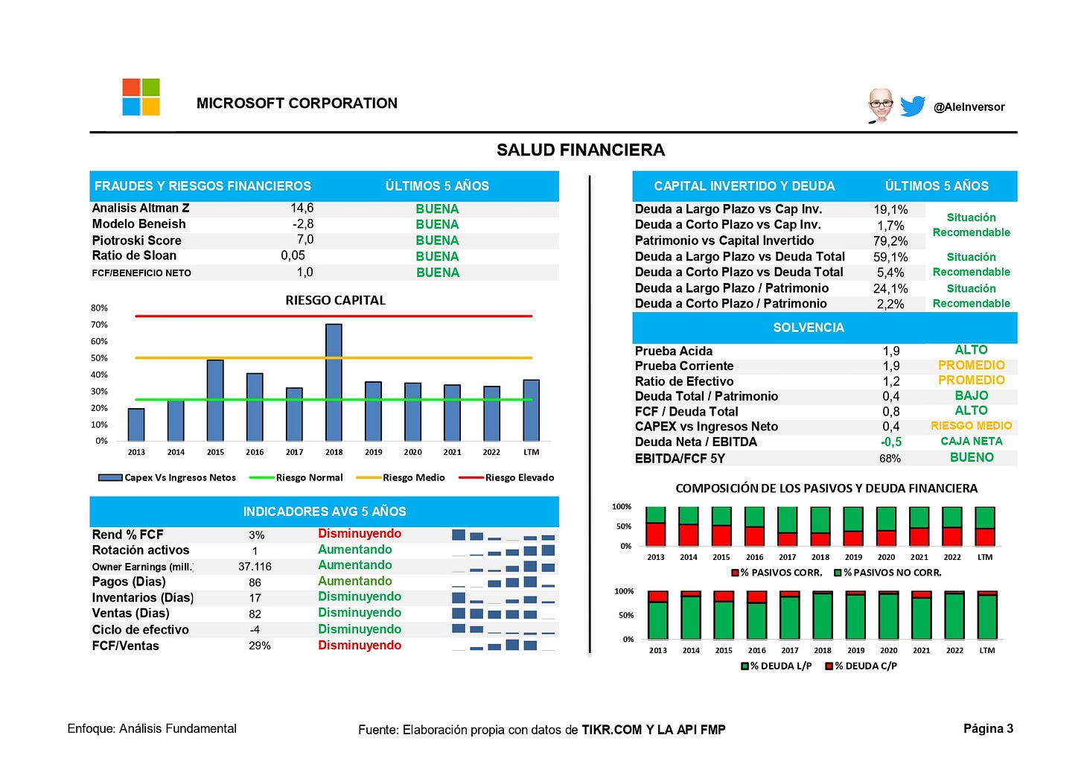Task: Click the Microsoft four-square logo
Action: (141, 97)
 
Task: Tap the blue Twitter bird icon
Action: (912, 106)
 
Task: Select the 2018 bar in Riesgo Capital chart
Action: (334, 382)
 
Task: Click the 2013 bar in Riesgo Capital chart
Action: (136, 424)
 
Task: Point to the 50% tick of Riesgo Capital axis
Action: (99, 358)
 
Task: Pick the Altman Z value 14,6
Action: (302, 209)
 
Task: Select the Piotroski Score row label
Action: (137, 241)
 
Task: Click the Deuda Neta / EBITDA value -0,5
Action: (890, 442)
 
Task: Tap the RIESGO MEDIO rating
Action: (971, 426)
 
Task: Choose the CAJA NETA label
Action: (971, 442)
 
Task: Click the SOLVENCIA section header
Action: (809, 328)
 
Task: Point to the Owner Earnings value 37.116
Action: (255, 567)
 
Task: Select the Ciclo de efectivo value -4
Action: (255, 630)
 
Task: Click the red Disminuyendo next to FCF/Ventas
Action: (360, 646)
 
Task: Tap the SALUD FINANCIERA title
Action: (581, 150)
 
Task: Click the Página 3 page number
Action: (988, 728)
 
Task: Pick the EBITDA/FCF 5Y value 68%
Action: (890, 459)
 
